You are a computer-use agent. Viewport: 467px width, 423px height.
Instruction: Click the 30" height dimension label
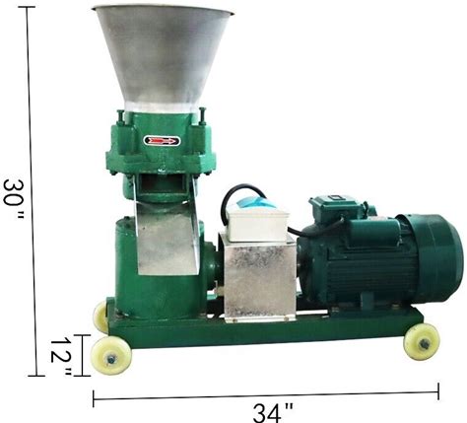(x=14, y=199)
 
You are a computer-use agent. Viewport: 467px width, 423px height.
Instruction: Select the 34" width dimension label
(x=273, y=412)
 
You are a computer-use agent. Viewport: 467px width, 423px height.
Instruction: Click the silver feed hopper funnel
(x=163, y=57)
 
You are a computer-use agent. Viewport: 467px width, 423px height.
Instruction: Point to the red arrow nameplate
(x=162, y=141)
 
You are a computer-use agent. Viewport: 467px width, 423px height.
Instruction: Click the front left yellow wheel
(x=111, y=355)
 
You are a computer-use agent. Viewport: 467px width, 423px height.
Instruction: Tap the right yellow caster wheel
(x=422, y=342)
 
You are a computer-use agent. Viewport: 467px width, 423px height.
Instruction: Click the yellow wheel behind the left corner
(x=100, y=317)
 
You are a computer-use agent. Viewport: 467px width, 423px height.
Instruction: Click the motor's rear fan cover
(x=432, y=258)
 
